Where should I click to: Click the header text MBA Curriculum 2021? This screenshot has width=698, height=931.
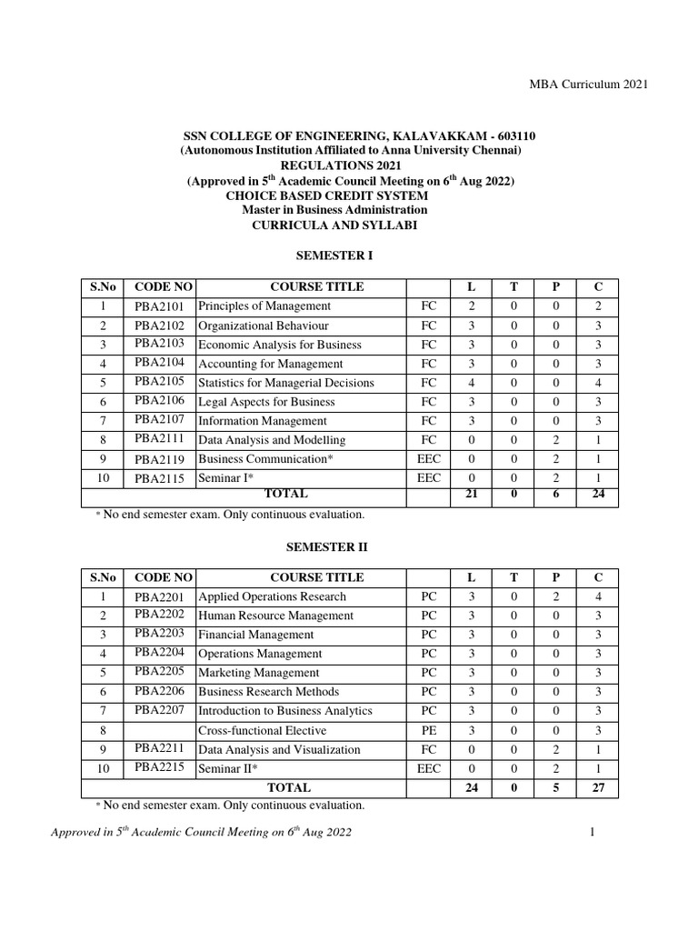tap(589, 84)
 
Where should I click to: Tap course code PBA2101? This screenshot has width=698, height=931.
tap(159, 305)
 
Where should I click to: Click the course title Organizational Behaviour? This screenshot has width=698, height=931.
tap(263, 325)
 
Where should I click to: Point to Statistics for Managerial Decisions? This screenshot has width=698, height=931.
tap(285, 383)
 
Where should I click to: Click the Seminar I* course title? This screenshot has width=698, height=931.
tap(224, 478)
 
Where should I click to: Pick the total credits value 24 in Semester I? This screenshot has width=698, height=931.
tap(598, 495)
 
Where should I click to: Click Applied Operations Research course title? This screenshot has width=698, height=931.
tap(272, 596)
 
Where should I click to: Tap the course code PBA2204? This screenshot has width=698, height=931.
tap(159, 653)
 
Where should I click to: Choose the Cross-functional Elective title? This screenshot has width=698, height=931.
tap(262, 731)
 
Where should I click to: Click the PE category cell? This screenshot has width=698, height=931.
tap(429, 731)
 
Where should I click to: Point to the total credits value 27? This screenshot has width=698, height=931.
tap(598, 788)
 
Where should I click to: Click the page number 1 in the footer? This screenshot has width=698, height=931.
tap(591, 833)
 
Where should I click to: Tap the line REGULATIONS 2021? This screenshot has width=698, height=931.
tap(350, 166)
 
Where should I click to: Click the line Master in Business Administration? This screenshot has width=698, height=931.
tap(350, 210)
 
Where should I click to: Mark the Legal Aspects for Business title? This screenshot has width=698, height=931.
tap(266, 402)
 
